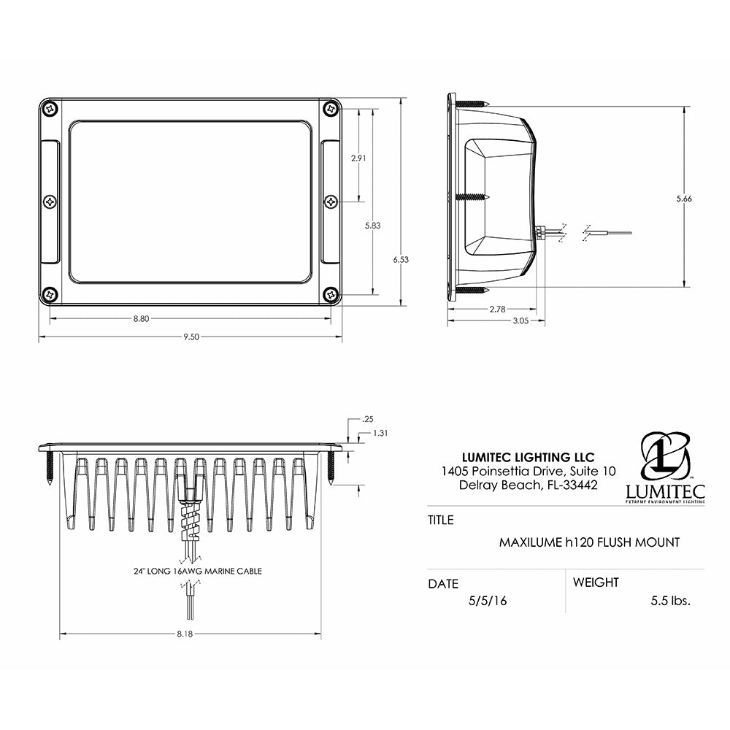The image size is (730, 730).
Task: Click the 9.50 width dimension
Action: coord(191,337)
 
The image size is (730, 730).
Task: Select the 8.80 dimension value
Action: coord(142,318)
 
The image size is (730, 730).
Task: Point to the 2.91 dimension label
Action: coord(358,158)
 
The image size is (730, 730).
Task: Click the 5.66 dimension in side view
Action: coord(683,199)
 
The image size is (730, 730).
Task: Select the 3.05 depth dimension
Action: coord(497,321)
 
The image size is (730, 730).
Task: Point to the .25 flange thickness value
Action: coord(367,419)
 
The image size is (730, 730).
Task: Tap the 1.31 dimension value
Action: coord(380,433)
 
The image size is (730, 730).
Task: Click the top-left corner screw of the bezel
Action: coord(50,108)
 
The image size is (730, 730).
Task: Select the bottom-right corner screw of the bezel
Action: coord(331,294)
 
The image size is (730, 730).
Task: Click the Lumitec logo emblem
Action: coord(665,456)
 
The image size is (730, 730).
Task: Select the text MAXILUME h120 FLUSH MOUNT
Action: coord(589,542)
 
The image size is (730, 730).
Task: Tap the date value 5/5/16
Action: coord(488,601)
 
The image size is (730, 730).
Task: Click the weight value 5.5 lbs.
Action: coord(670,601)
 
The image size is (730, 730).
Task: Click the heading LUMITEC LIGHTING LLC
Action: coord(519,458)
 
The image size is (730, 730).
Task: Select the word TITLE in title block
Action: coord(440,520)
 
